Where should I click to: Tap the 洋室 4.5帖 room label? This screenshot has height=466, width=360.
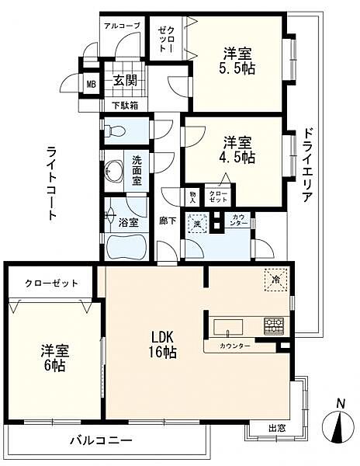[x=237, y=149]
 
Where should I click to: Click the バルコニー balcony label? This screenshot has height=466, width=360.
[x=96, y=440]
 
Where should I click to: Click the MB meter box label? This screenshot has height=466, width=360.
[x=90, y=85]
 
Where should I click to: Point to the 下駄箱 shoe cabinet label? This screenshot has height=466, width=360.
[x=123, y=105]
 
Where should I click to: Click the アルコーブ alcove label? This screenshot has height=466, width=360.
[x=122, y=26]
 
